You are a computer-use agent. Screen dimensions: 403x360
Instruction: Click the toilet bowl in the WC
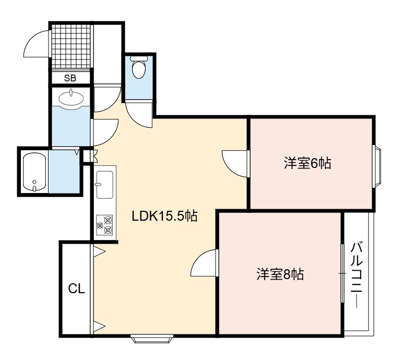139,69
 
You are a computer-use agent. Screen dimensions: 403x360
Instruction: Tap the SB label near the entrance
70,78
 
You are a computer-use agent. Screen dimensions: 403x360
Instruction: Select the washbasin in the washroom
71,98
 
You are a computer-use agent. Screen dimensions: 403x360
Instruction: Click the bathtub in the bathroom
34,172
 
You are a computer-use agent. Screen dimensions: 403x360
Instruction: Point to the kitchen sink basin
104,185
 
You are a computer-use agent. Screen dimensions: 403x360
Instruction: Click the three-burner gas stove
104,225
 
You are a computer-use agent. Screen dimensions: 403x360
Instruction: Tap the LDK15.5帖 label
164,216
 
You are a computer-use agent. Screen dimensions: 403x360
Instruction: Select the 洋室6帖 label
307,163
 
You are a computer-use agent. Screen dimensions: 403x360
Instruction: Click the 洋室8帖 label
280,274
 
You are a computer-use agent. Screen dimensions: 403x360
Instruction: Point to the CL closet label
76,289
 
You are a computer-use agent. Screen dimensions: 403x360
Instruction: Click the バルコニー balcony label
357,274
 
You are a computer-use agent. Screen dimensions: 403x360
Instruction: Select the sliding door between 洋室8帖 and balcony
342,273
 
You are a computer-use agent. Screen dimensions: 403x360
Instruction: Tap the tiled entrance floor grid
71,46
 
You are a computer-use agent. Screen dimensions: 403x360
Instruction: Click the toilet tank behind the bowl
139,58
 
